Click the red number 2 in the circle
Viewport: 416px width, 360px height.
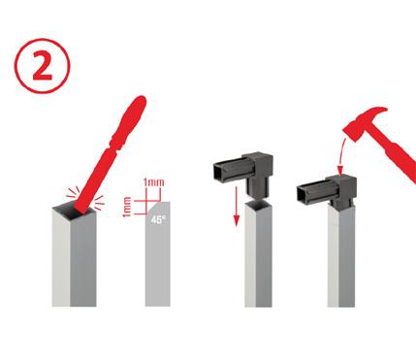(43, 66)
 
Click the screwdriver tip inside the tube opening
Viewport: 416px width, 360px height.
(80, 210)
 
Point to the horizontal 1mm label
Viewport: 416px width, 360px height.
(154, 182)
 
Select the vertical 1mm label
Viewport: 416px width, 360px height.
(127, 207)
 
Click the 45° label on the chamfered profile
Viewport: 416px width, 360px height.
(158, 219)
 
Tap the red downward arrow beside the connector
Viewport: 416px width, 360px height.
(237, 207)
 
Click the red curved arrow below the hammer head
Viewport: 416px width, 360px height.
(341, 156)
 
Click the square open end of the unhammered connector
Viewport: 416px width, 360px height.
(219, 172)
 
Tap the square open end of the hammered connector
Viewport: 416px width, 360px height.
(303, 194)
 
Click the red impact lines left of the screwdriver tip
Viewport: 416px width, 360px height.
(73, 193)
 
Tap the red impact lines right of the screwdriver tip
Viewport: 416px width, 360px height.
(98, 203)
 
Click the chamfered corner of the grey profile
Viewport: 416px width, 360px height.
(149, 209)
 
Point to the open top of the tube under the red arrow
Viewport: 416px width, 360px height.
(258, 204)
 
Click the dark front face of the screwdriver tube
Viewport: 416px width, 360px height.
(83, 260)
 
